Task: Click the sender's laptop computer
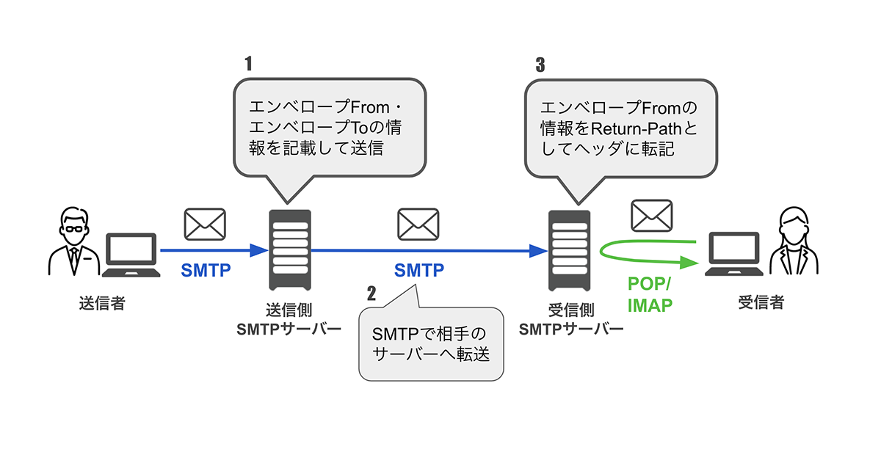pyautogui.click(x=131, y=254)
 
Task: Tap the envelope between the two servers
pyautogui.click(x=418, y=224)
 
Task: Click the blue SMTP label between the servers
pyautogui.click(x=419, y=270)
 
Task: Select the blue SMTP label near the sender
pyautogui.click(x=206, y=270)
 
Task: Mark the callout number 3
pyautogui.click(x=540, y=63)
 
